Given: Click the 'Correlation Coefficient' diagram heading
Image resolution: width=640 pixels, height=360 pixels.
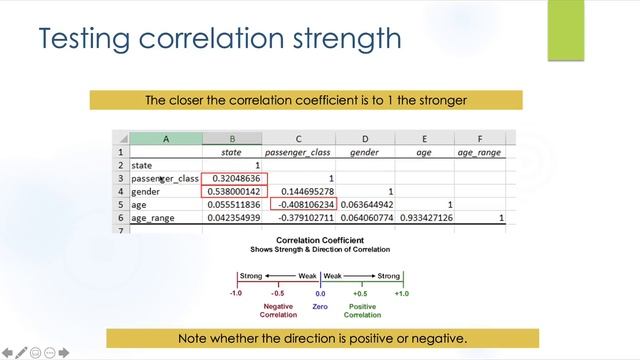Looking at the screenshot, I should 320,241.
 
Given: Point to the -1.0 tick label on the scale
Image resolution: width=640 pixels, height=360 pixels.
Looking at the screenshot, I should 236,294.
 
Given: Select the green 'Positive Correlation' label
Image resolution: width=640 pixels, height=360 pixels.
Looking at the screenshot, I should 361,312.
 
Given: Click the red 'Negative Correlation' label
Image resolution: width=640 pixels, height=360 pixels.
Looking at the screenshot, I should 278,312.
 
